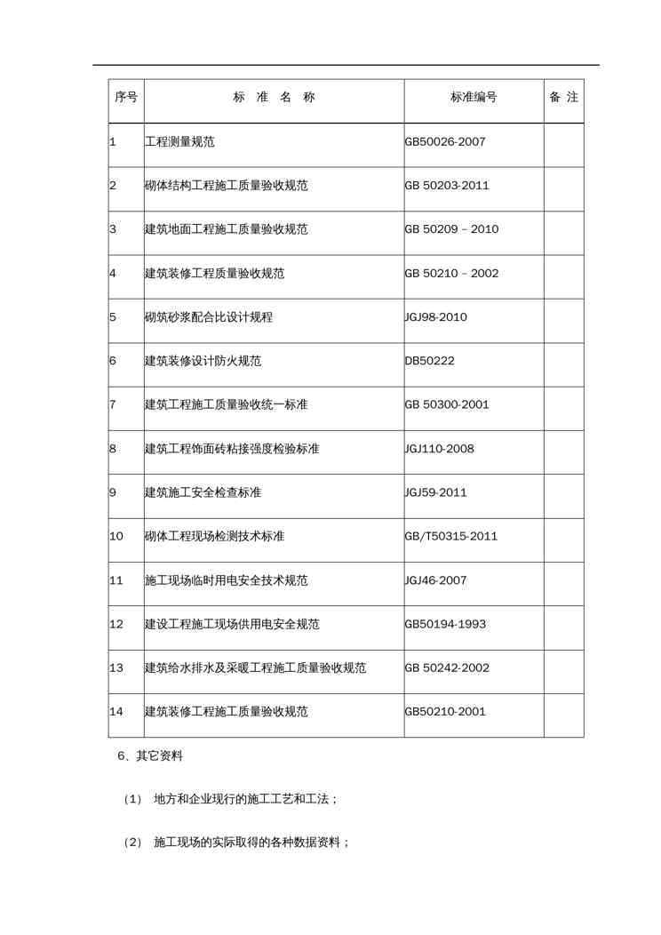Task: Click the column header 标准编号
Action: point(474,98)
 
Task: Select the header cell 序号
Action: point(126,98)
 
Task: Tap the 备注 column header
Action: point(564,98)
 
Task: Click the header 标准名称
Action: point(274,98)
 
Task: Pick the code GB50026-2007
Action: point(445,141)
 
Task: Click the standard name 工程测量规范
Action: point(179,141)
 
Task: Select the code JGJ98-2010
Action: point(435,317)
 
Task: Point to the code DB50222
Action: point(430,361)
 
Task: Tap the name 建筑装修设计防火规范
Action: point(203,361)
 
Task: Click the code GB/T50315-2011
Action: point(451,537)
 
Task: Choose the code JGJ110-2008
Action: point(439,449)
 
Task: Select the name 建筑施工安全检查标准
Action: point(203,492)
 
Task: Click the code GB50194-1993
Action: point(445,625)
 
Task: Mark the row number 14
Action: point(116,712)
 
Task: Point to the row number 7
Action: point(113,405)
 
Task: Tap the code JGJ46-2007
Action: point(435,580)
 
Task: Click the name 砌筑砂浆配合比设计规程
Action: point(209,317)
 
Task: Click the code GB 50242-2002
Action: point(447,668)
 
